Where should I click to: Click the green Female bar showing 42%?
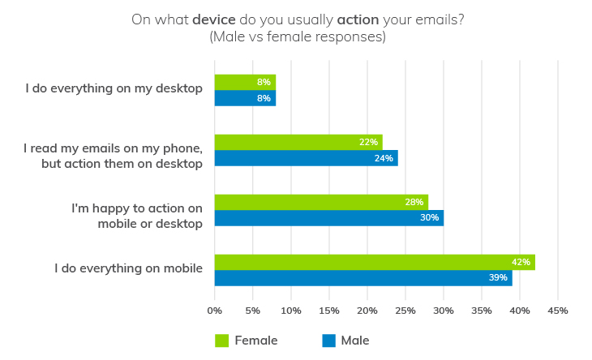tap(373, 262)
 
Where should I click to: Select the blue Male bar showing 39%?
tap(362, 278)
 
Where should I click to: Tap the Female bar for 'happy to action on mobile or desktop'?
tap(320, 202)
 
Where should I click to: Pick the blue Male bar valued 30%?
tap(328, 218)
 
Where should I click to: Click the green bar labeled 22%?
tap(298, 142)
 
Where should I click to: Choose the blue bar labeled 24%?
tap(306, 158)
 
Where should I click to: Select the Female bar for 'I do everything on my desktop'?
tap(245, 82)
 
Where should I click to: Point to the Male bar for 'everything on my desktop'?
tap(245, 98)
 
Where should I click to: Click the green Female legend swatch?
tap(221, 341)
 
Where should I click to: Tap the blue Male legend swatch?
tap(329, 341)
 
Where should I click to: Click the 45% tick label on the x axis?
tap(558, 311)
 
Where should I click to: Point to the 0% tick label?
tap(215, 311)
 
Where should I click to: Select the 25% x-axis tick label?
tap(405, 311)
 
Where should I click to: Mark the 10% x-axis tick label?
tap(291, 311)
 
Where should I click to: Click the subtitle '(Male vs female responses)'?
tap(297, 37)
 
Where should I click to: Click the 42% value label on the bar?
tap(521, 262)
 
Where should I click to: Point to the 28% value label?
tap(414, 202)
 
